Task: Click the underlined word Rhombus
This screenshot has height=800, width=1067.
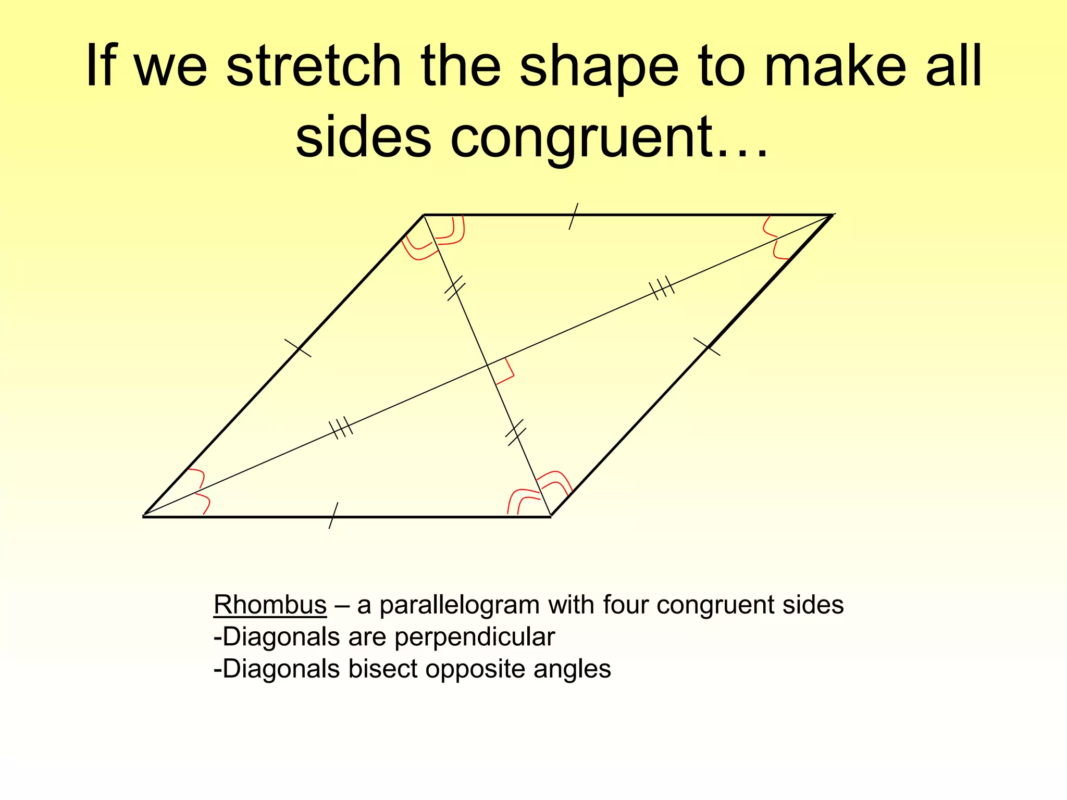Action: [x=270, y=605]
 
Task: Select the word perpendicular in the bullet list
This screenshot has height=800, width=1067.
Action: [x=475, y=637]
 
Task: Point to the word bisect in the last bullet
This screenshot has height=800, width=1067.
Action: [x=383, y=669]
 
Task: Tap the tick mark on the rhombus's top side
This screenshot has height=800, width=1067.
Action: [x=573, y=216]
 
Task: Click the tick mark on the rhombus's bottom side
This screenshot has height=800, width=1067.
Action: [x=333, y=516]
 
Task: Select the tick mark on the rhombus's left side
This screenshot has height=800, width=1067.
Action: [x=298, y=348]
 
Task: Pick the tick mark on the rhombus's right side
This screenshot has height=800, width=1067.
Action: [x=707, y=346]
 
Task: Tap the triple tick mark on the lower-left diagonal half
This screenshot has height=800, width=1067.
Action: [x=341, y=428]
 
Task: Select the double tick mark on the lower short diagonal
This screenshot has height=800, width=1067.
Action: [x=516, y=432]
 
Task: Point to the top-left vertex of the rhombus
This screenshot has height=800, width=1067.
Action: [x=424, y=215]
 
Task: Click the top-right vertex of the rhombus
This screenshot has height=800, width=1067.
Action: [x=832, y=215]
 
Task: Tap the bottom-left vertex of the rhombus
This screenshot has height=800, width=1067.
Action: [x=144, y=516]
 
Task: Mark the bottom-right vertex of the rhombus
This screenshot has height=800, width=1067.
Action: [x=551, y=516]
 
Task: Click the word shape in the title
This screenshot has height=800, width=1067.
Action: [x=599, y=67]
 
